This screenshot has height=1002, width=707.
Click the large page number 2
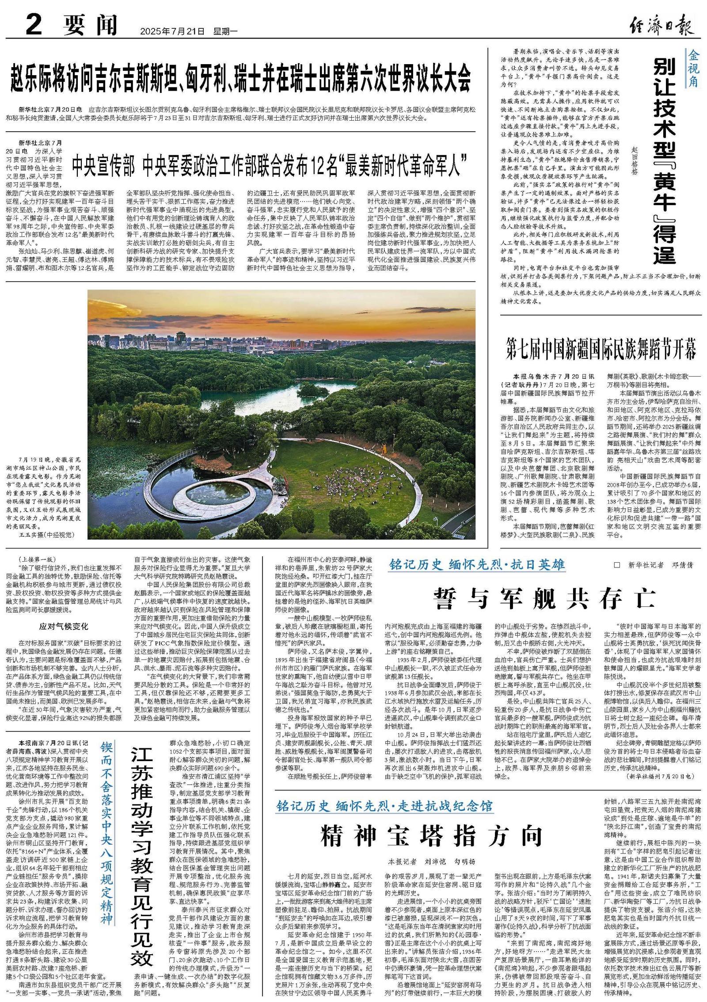(x=34, y=25)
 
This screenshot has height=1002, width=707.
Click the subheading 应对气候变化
(x=64, y=626)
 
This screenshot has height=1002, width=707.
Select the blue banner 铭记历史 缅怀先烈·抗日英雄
(x=477, y=564)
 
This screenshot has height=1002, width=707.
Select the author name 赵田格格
(x=635, y=161)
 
